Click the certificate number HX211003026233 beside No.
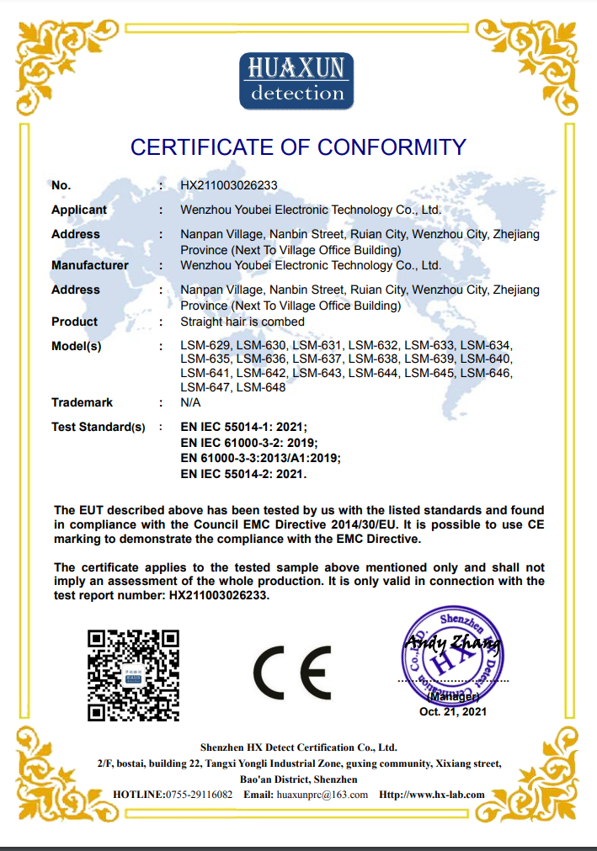pos(229,185)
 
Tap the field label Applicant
pos(79,210)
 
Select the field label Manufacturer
pos(90,265)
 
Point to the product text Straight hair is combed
pos(243,322)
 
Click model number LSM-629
pos(205,346)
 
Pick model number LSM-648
pos(261,387)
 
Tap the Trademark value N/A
pos(191,402)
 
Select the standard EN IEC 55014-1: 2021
pos(244,427)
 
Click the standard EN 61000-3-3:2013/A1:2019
pos(260,458)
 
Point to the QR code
pos(134,674)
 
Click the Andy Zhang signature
pos(452,646)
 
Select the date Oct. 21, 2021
pos(453,711)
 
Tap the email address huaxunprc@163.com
pos(322,795)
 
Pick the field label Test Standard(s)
pos(99,427)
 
